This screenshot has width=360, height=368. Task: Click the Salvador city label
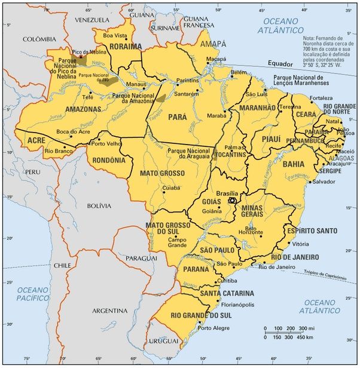coord(324,181)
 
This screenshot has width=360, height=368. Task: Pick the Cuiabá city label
coord(171,188)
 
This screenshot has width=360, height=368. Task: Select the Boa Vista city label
coord(116,35)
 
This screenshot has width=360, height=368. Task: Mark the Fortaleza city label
coord(321,98)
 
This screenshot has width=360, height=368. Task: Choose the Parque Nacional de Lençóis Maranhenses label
coord(306,81)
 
